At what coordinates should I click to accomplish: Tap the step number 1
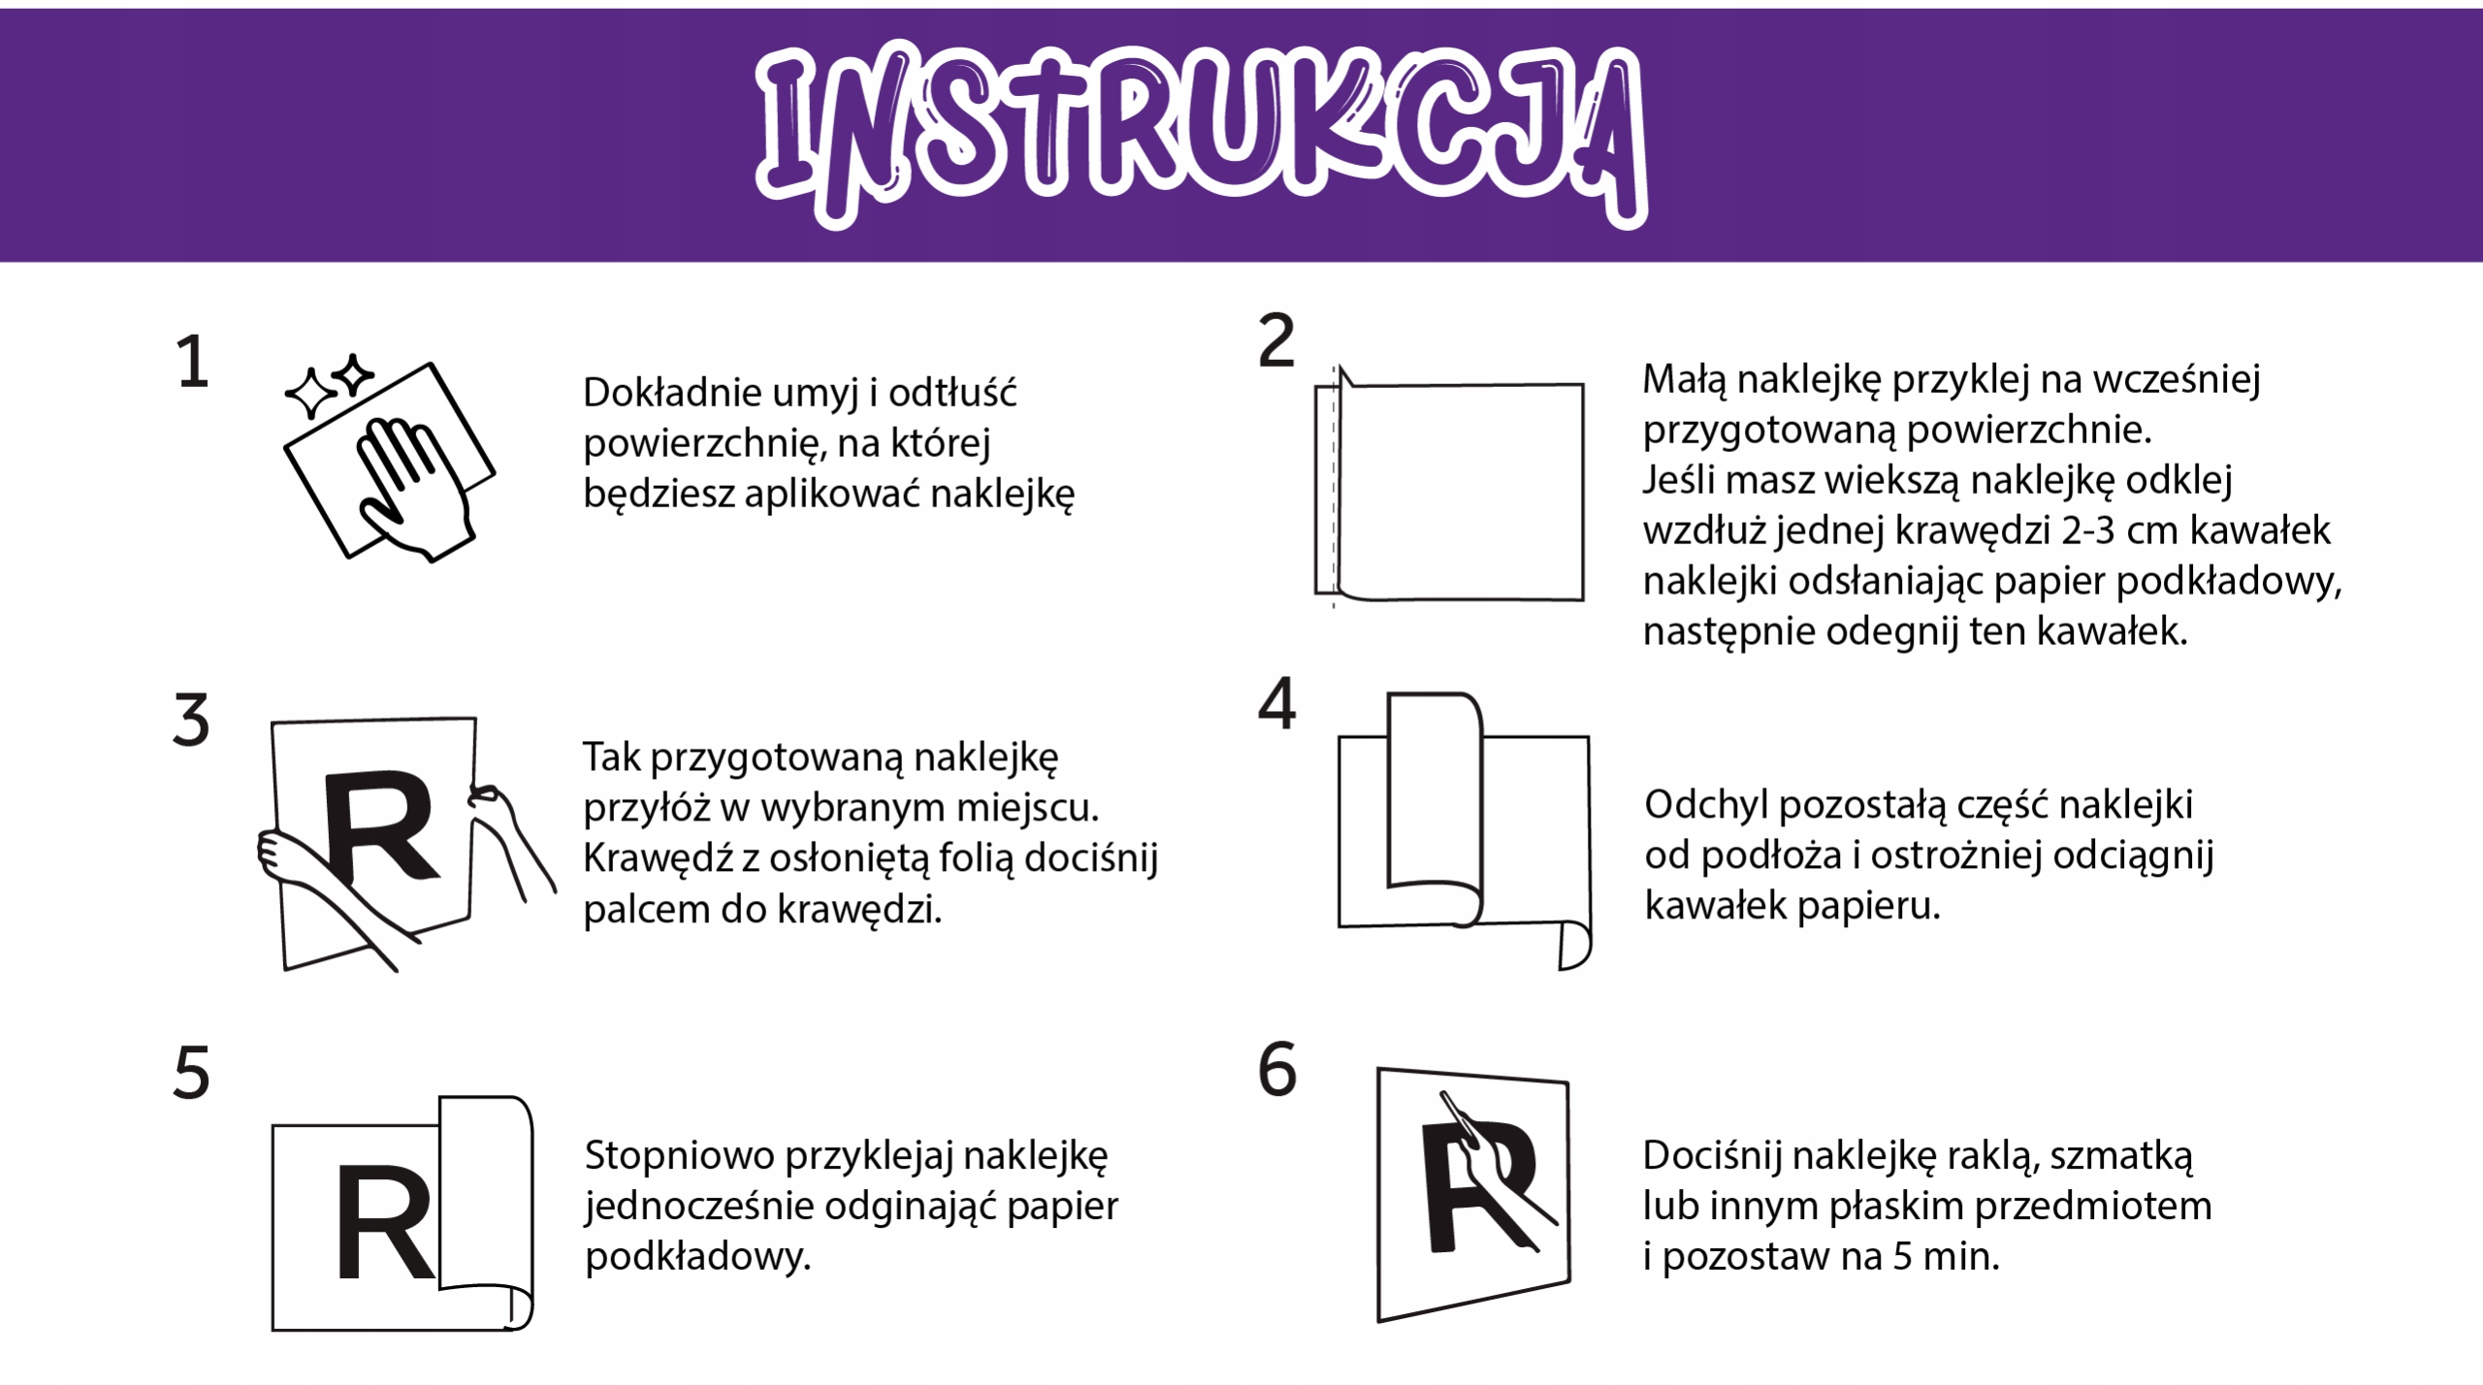(x=192, y=364)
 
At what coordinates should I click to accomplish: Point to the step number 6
(x=1276, y=1070)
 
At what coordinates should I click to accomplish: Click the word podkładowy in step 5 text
(x=696, y=1258)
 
